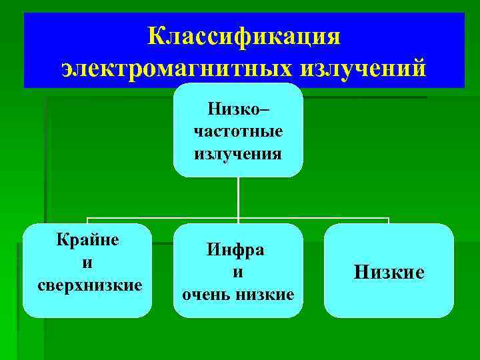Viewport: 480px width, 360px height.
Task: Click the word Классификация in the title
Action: coord(243,35)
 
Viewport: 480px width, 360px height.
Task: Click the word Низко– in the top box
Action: coord(239,107)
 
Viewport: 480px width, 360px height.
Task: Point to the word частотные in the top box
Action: coord(238,131)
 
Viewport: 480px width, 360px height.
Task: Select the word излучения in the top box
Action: coord(238,154)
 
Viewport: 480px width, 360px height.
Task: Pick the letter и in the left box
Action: coord(87,263)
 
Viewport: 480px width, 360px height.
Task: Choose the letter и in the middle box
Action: coord(237,272)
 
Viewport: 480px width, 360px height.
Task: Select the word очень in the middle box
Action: coord(205,294)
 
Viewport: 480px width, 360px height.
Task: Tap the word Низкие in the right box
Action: coord(389,272)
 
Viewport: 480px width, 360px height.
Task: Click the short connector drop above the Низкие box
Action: coord(388,221)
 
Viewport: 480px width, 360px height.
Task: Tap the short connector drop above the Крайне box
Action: coord(87,221)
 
